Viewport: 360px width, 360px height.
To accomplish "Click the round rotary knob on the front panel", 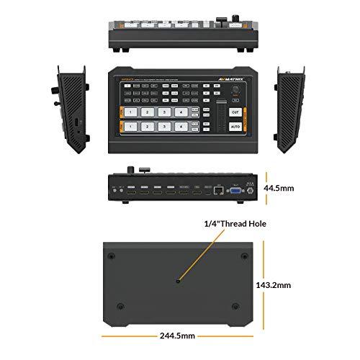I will (235, 92).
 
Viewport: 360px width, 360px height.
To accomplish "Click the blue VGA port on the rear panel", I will (234, 192).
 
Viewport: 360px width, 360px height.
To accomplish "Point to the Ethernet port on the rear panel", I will (217, 192).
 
